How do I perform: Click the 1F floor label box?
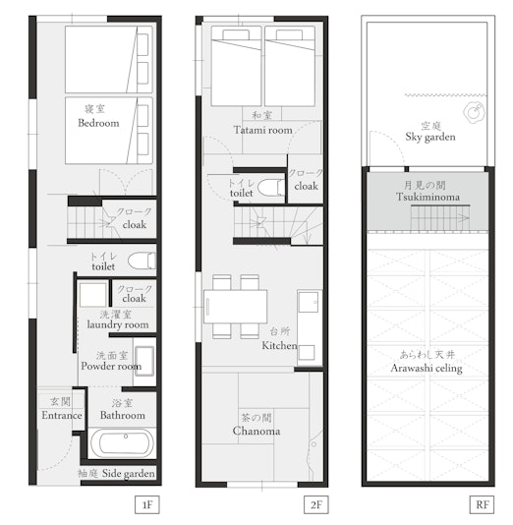tap(147, 504)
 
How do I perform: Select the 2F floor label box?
tap(316, 504)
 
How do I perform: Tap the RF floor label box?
tap(482, 504)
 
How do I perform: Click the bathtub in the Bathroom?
tap(123, 443)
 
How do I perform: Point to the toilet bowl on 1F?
tap(142, 261)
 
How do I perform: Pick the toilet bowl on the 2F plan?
tap(271, 187)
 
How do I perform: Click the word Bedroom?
tap(98, 123)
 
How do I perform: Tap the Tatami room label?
tap(263, 130)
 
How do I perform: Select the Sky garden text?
tap(430, 137)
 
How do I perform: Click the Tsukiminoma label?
tap(427, 197)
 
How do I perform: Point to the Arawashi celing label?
tap(427, 369)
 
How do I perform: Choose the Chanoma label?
tap(256, 431)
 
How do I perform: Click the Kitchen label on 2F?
tap(279, 345)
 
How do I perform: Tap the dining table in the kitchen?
tap(235, 307)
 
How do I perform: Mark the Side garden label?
tap(129, 474)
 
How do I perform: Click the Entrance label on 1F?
tap(62, 416)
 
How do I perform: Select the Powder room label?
tap(111, 367)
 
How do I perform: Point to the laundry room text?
tap(118, 324)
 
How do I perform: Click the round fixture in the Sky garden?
tap(474, 112)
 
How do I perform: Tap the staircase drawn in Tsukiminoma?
tap(440, 217)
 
